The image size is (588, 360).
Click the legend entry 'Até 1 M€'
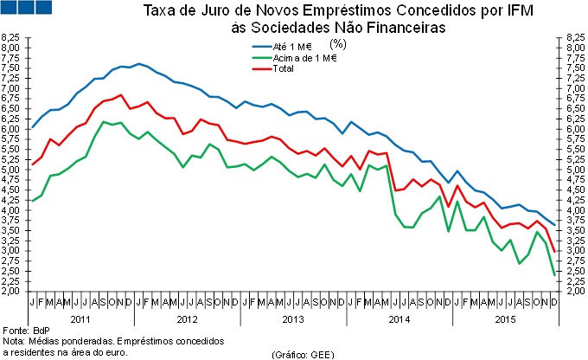pyautogui.click(x=293, y=47)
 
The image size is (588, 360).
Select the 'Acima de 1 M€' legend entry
pyautogui.click(x=304, y=58)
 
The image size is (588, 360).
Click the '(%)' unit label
pyautogui.click(x=352, y=48)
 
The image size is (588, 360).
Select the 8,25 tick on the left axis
pyautogui.click(x=11, y=38)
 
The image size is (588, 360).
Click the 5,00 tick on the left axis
pyautogui.click(x=11, y=170)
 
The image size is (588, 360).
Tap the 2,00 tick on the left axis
pyautogui.click(x=11, y=292)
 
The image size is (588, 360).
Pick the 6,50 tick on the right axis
pyautogui.click(x=575, y=109)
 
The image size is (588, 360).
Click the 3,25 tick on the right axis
pyautogui.click(x=575, y=241)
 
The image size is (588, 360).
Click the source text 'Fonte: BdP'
pyautogui.click(x=26, y=331)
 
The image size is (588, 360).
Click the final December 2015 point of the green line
pyautogui.click(x=554, y=275)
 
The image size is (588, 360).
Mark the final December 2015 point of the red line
pyautogui.click(x=554, y=251)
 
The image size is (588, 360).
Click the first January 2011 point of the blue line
pyautogui.click(x=32, y=127)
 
